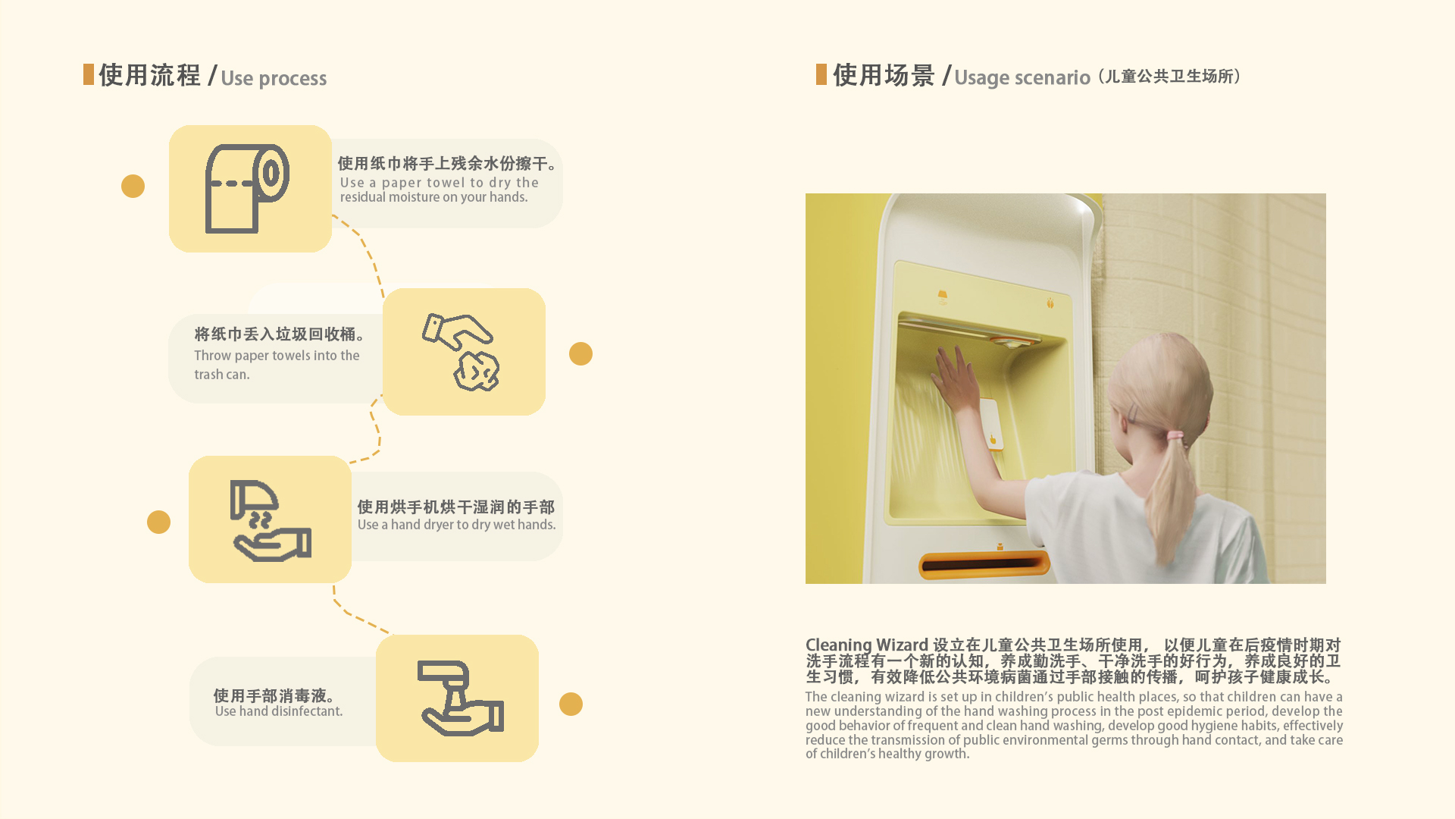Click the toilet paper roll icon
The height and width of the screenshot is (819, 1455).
tap(247, 189)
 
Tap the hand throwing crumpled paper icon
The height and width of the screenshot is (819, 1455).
tap(462, 353)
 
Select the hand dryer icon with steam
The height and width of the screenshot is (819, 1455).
tap(270, 520)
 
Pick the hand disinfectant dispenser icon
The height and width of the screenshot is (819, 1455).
tap(460, 698)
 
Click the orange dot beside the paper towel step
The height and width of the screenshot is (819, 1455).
tap(133, 187)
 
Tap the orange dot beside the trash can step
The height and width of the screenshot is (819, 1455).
tap(580, 354)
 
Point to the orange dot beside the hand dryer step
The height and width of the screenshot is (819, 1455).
tap(158, 522)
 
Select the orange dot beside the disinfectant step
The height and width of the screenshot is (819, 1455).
tap(571, 704)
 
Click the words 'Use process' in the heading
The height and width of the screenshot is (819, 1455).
tap(274, 78)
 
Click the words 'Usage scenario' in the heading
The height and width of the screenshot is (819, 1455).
tap(1022, 77)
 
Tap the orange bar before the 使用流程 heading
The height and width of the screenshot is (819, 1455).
tap(89, 74)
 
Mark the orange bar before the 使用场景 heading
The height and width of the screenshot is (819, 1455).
tap(821, 74)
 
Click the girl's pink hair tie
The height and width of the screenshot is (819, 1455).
tap(1175, 436)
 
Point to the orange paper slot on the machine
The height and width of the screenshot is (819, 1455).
tap(984, 565)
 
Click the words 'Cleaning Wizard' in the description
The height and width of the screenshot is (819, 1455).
tap(866, 645)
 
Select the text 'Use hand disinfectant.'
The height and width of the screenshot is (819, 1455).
tap(279, 711)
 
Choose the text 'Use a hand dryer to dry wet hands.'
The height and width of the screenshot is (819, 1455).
tap(456, 525)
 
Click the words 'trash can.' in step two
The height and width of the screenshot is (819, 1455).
tap(222, 375)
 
